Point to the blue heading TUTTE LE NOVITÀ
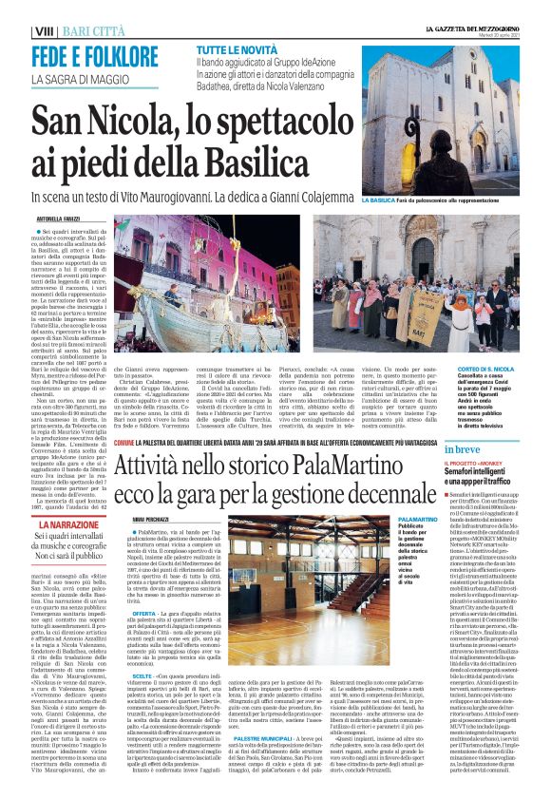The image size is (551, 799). tap(238, 48)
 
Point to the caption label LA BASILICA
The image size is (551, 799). tap(378, 201)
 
